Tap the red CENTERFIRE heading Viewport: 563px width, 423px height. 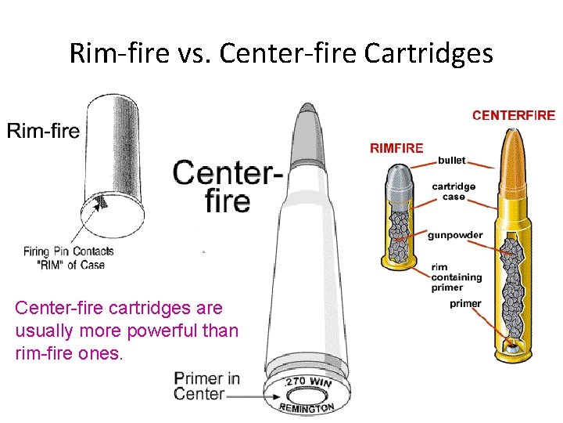click(513, 115)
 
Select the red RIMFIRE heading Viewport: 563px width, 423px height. click(396, 147)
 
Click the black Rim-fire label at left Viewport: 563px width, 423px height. click(44, 130)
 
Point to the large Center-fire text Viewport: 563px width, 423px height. click(227, 186)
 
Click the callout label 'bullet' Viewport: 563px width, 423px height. click(451, 161)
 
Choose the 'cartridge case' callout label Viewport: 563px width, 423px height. click(454, 192)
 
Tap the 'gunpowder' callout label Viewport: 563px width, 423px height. click(455, 235)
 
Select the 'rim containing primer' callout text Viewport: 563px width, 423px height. click(457, 277)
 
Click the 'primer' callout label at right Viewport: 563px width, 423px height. click(465, 304)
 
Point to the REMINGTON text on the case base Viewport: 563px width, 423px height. click(307, 407)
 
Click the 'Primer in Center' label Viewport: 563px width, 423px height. click(207, 386)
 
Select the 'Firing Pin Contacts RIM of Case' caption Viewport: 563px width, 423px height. click(69, 258)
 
